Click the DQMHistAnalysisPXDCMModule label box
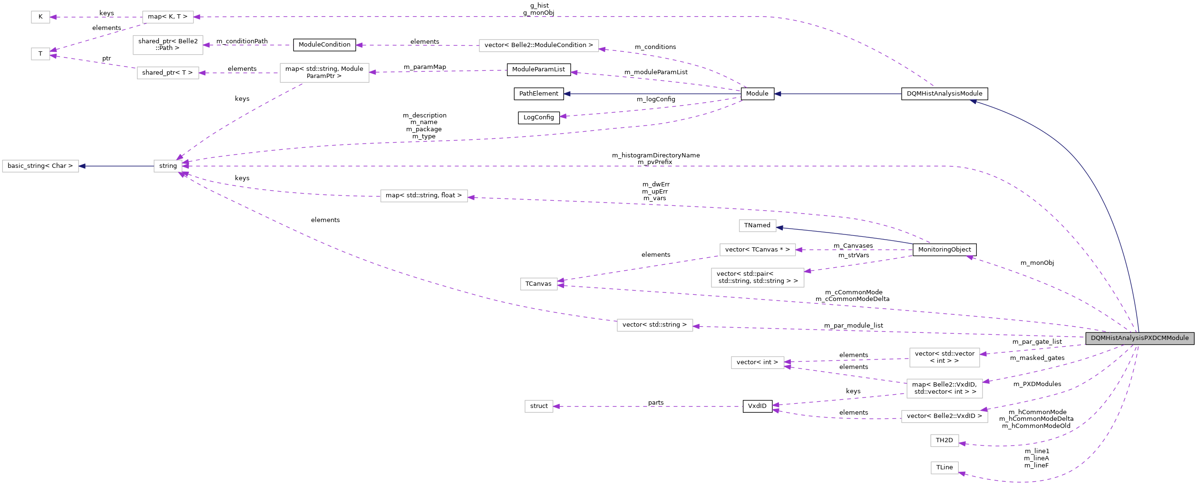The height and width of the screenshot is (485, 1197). (x=1139, y=338)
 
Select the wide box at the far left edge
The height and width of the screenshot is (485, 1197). (x=40, y=166)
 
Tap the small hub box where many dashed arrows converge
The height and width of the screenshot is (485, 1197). (x=168, y=166)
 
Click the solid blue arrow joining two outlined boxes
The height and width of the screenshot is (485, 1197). (x=116, y=166)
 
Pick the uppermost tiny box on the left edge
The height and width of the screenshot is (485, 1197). (x=40, y=17)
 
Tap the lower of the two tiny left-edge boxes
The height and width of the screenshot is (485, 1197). (x=40, y=54)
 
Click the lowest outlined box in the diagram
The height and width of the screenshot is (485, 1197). (x=944, y=468)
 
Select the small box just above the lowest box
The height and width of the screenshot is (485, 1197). (x=944, y=441)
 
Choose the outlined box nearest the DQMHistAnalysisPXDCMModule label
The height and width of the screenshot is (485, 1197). (x=944, y=358)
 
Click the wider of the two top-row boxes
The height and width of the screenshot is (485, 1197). (x=168, y=17)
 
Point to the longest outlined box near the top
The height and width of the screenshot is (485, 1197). (x=539, y=46)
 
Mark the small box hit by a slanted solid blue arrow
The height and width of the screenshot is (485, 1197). (x=758, y=226)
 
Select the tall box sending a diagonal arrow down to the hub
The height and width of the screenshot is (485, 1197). (x=324, y=73)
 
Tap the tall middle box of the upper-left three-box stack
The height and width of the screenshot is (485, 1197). (x=168, y=45)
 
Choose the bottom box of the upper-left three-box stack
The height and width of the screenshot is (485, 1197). (x=168, y=73)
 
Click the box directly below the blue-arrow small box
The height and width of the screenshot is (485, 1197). (x=758, y=250)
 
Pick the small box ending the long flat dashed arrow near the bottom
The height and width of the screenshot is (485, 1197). (x=539, y=407)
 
